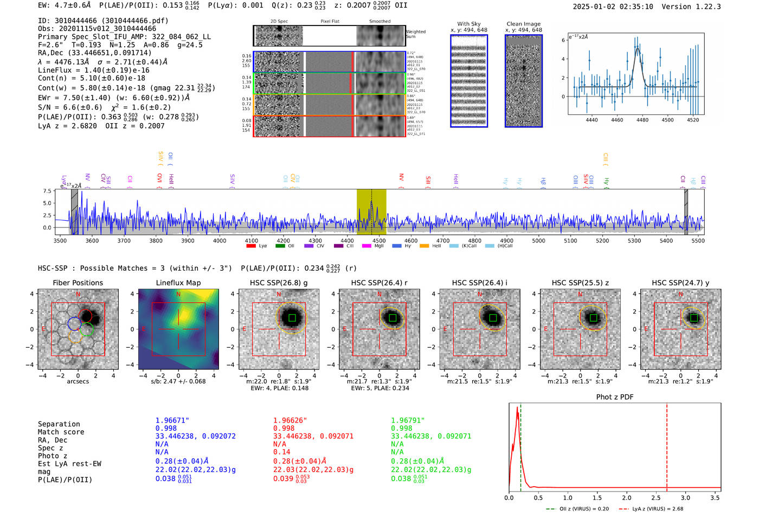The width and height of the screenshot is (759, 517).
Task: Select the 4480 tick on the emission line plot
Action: [642, 120]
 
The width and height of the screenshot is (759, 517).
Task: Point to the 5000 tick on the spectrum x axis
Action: [538, 240]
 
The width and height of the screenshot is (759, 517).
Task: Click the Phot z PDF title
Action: [615, 397]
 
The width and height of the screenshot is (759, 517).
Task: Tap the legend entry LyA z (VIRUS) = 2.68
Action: [657, 509]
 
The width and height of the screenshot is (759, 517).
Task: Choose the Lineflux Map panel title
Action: [178, 283]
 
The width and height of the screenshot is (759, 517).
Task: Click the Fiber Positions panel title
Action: [78, 283]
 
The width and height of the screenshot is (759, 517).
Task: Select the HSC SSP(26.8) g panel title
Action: [279, 283]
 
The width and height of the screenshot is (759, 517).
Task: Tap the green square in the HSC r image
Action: [393, 317]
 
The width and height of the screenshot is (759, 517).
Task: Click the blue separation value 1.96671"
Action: [172, 420]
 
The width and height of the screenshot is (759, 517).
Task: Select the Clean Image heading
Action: [523, 24]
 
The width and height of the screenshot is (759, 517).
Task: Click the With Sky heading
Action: [468, 24]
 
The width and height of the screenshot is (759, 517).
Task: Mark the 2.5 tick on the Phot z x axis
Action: [656, 497]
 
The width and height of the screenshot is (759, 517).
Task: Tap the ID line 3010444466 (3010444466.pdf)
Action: [103, 21]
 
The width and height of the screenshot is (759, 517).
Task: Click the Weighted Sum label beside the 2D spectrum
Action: [416, 34]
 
